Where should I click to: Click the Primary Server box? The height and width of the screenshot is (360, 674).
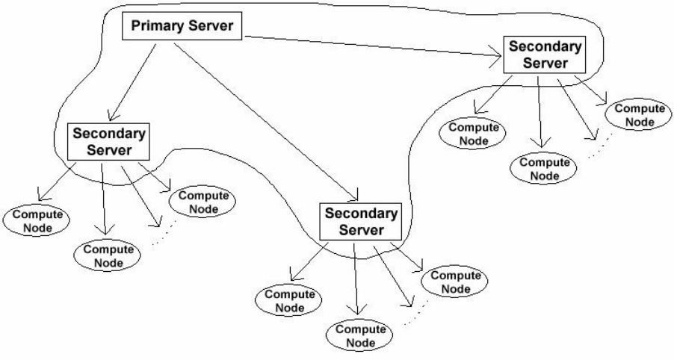pyautogui.click(x=182, y=28)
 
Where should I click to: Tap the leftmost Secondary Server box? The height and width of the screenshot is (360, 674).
pyautogui.click(x=108, y=140)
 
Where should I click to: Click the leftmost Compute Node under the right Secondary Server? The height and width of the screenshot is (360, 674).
pyautogui.click(x=474, y=131)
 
